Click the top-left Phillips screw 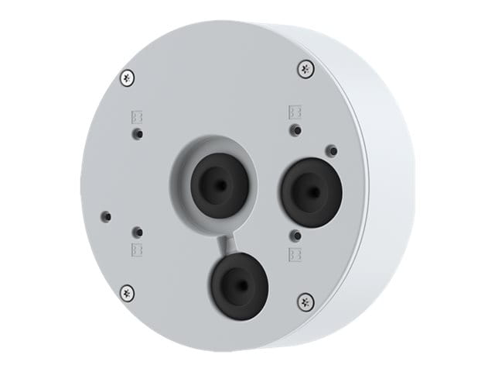click(x=128, y=77)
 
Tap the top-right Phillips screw click(x=306, y=69)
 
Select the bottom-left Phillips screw click(x=128, y=292)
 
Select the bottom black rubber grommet click(x=237, y=284)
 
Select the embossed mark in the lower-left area click(x=137, y=250)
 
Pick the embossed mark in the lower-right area click(x=294, y=253)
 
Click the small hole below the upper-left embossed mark click(x=137, y=133)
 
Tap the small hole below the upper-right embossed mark click(x=294, y=129)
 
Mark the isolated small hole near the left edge click(x=108, y=215)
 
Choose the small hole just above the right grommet click(x=330, y=150)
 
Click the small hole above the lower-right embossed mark click(x=295, y=233)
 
